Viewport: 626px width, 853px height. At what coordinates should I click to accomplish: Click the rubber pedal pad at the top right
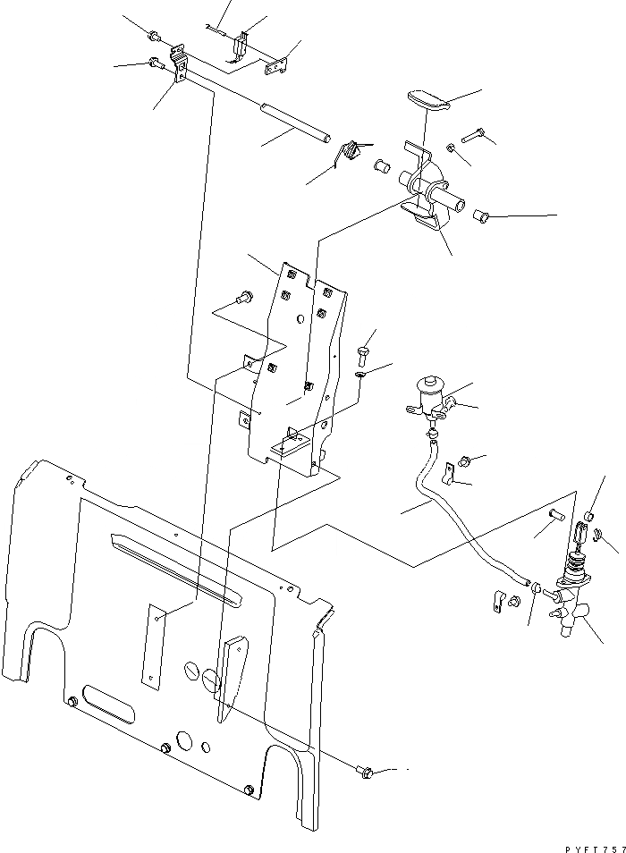428,100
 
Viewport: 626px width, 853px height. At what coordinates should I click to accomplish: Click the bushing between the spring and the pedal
380,166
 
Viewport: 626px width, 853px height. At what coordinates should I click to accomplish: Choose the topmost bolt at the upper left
156,38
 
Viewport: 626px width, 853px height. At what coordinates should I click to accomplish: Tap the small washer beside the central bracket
360,374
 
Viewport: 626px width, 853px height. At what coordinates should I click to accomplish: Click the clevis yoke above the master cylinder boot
580,535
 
